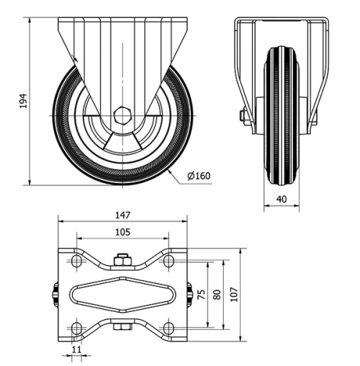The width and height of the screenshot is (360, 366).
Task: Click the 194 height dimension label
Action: coord(21,100)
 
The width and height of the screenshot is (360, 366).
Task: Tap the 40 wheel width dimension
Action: coord(281,200)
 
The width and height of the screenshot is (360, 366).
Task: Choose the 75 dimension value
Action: coord(200,294)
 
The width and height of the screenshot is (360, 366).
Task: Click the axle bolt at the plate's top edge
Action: coord(122,259)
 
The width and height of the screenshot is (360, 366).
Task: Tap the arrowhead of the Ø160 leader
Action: coord(170,170)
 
